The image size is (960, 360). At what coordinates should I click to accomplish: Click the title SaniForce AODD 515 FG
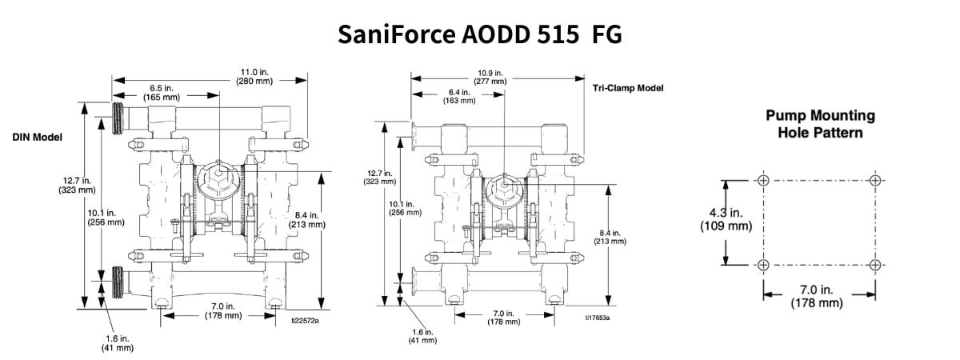click(x=479, y=34)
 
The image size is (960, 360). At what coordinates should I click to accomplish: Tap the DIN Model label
click(x=38, y=138)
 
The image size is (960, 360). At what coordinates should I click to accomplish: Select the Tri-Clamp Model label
click(x=628, y=88)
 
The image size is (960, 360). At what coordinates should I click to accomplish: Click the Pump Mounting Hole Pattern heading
click(x=820, y=124)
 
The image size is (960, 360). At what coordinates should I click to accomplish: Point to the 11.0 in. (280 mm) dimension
click(x=255, y=76)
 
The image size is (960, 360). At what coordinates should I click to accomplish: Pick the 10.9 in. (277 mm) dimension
click(x=492, y=76)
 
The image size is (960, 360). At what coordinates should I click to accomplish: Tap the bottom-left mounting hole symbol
click(x=763, y=265)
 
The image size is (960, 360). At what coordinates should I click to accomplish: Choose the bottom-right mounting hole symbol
click(x=876, y=265)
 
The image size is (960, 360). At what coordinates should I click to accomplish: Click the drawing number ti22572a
click(x=304, y=321)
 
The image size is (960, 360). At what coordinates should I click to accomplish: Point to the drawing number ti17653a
click(x=596, y=318)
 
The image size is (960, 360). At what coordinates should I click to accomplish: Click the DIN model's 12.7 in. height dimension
click(x=77, y=185)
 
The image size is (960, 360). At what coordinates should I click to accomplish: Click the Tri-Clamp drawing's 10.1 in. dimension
click(x=406, y=207)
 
